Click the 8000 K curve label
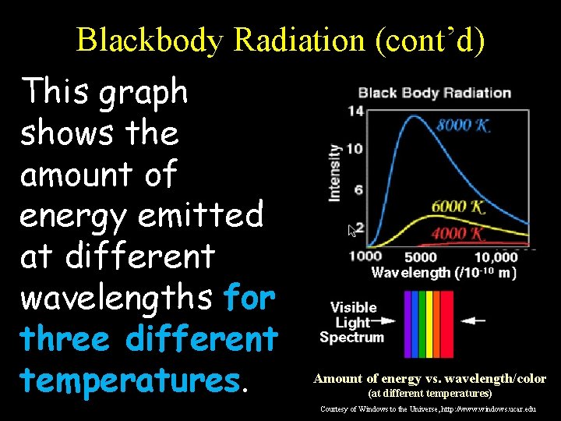pos(463,126)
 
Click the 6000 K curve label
pos(459,207)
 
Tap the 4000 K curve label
pos(459,233)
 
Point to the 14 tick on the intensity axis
pos(355,111)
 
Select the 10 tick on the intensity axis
pos(355,149)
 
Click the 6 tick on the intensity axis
pos(358,189)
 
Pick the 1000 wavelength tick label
pos(365,257)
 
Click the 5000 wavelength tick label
pos(421,257)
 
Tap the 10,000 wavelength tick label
pos(496,257)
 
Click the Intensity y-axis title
pos(335,172)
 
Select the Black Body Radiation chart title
pos(434,93)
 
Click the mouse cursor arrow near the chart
pos(352,231)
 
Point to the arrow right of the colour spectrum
pos(472,320)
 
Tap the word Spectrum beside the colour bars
pos(351,338)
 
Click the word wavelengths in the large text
pos(118,296)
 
